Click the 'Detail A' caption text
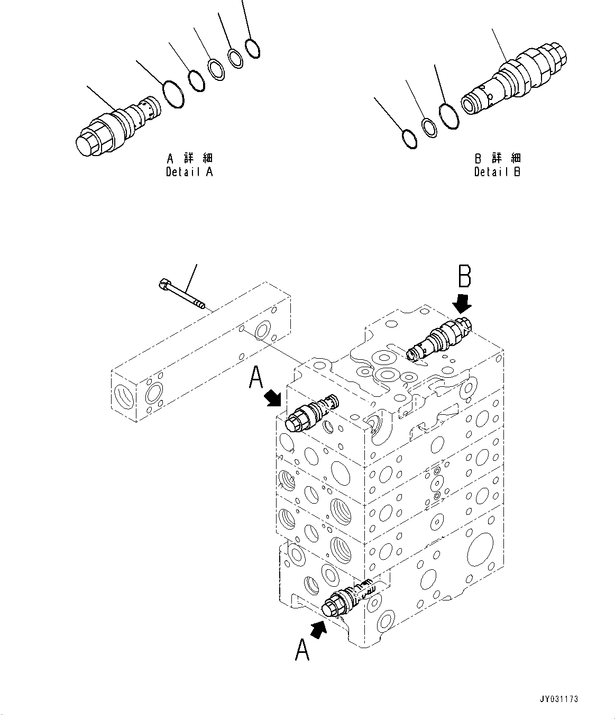point(189,172)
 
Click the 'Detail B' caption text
point(497,172)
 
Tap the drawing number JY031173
point(559,699)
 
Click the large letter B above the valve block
point(464,276)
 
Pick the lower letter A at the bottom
point(302,649)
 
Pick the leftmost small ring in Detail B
point(409,139)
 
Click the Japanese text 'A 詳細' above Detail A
point(189,158)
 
